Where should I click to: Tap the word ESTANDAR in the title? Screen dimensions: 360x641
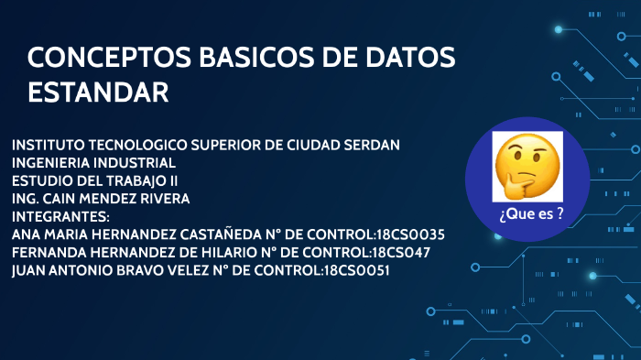click(x=98, y=93)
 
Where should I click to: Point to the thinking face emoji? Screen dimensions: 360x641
click(x=527, y=168)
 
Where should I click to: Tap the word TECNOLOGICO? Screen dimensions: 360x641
click(x=139, y=147)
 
